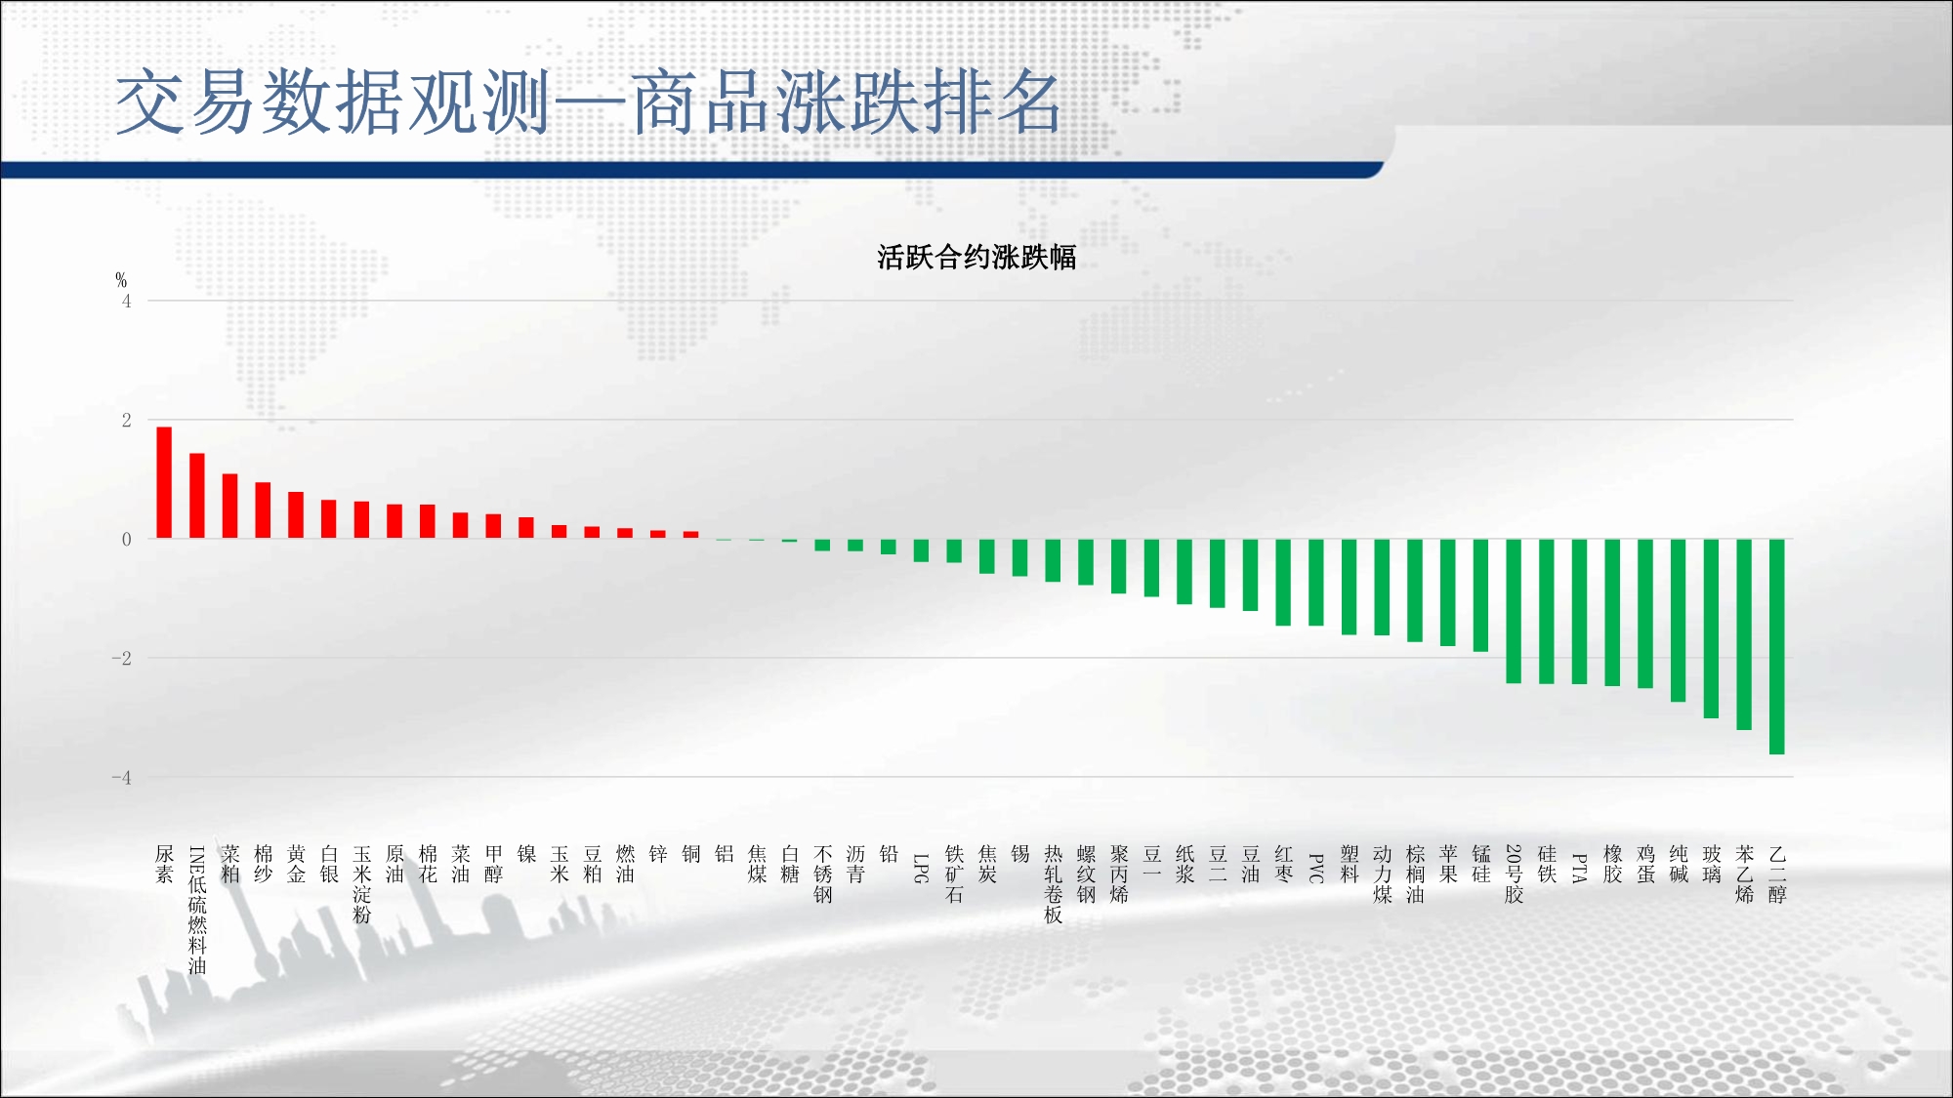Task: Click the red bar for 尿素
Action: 164,482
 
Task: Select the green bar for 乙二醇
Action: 1777,646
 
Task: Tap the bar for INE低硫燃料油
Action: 197,496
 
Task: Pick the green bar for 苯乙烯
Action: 1744,634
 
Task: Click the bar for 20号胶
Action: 1514,611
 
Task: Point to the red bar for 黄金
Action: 296,515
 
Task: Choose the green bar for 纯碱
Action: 1679,621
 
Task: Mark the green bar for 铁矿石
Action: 954,550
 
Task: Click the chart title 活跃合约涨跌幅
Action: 976,258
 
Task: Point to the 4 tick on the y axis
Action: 126,302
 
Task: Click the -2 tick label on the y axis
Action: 121,659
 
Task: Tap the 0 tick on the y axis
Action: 126,540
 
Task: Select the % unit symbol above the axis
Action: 121,280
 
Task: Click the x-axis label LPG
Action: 921,868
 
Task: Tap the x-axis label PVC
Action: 1316,868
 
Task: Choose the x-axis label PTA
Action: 1579,868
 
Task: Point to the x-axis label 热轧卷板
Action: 1053,884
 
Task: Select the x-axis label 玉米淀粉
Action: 362,884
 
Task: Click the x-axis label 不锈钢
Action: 823,874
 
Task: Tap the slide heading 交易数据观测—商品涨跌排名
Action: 588,102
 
